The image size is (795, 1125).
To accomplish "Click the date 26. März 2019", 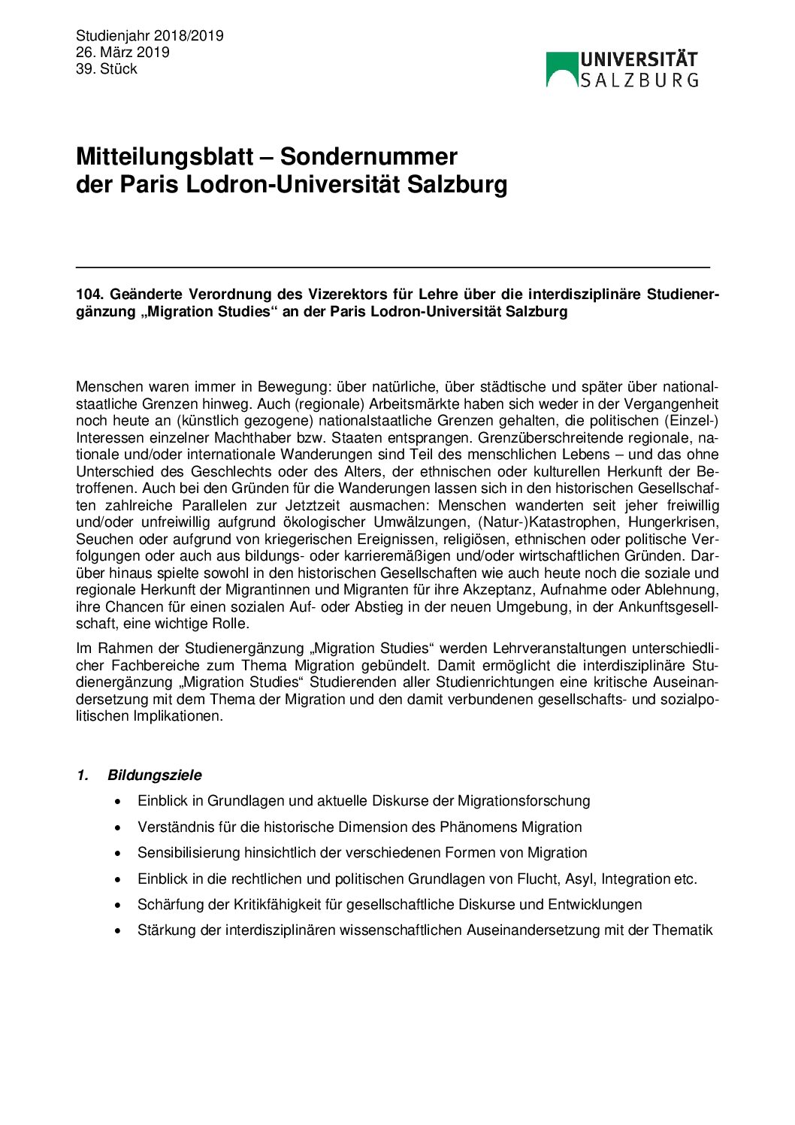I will pos(122,52).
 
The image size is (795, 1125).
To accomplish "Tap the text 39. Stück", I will pos(106,68).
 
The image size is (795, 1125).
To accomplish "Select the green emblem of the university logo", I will pos(561,68).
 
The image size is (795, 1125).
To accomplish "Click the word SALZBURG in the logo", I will pos(639,79).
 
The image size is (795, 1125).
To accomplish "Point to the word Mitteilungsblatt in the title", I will pos(165,156).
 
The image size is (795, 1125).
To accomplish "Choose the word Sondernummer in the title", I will pos(369,156).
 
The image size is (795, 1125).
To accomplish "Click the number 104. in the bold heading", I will pos(89,295).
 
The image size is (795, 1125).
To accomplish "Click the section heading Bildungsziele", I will pos(154,775).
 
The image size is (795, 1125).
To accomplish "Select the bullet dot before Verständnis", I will pos(118,827).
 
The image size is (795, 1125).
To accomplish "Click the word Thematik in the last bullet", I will pos(682,930).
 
